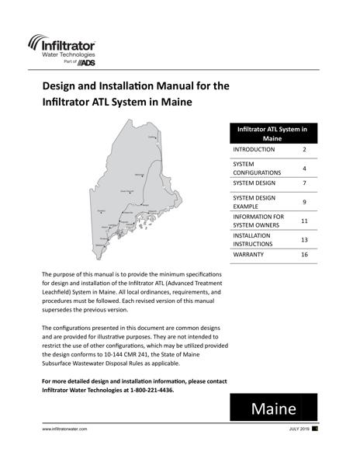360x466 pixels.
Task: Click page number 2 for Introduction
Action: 304,149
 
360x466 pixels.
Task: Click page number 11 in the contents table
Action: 304,221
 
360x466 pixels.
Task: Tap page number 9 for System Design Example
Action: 304,203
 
